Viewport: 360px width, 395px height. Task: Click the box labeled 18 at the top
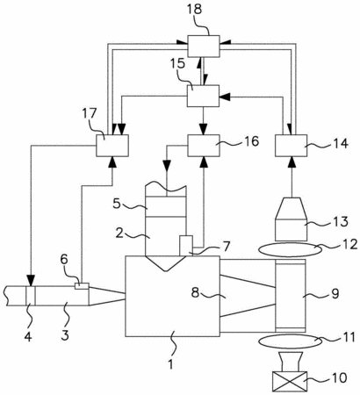click(x=204, y=46)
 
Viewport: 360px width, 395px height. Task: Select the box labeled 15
click(x=203, y=96)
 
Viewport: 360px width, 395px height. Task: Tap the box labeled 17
click(x=112, y=146)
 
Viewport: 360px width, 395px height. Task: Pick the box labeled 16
click(x=204, y=146)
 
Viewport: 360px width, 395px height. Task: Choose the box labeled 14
click(x=292, y=146)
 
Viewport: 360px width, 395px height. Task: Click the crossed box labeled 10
click(x=290, y=381)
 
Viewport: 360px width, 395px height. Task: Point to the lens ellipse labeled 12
click(x=290, y=249)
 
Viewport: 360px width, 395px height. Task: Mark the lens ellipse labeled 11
click(x=290, y=341)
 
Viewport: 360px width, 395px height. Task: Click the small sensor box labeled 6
click(x=82, y=286)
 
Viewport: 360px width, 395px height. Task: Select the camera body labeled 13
click(x=291, y=219)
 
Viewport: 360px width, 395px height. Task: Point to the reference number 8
click(x=196, y=292)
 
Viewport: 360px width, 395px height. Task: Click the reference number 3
click(x=64, y=334)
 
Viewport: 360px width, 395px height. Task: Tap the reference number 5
click(x=117, y=204)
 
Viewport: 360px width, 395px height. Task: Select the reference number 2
click(x=119, y=233)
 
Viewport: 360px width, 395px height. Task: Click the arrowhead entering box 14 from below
click(x=292, y=162)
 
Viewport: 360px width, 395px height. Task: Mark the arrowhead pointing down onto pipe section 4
click(x=31, y=280)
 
